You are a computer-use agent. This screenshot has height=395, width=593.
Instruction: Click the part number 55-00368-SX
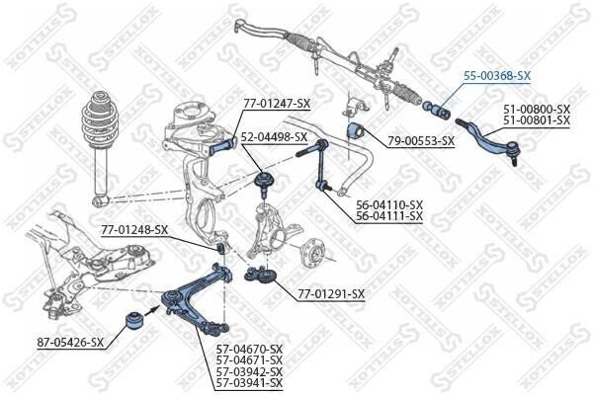[497, 76]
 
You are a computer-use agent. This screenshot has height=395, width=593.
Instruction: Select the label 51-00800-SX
[537, 110]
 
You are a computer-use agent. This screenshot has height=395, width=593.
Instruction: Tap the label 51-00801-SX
[537, 120]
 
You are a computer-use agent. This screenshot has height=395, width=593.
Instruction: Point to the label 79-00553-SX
[421, 141]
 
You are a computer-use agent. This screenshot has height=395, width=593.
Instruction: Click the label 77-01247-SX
[277, 103]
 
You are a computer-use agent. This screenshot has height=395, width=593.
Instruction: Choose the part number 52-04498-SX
[274, 137]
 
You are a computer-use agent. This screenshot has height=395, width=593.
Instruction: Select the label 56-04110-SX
[389, 204]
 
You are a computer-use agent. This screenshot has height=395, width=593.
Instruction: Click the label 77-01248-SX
[134, 229]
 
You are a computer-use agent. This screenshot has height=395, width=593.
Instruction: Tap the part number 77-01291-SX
[331, 293]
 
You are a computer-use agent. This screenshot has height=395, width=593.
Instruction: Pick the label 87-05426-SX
[70, 343]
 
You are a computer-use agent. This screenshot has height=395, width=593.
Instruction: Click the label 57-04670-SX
[249, 349]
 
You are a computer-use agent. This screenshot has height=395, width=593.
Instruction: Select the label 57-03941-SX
[249, 382]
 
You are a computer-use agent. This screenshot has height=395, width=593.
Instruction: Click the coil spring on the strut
[100, 118]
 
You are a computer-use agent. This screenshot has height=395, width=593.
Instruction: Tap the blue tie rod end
[488, 142]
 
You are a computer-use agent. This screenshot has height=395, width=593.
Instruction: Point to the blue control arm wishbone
[196, 300]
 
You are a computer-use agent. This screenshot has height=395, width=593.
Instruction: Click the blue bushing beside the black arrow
[133, 320]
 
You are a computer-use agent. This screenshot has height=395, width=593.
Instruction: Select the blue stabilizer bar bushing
[355, 131]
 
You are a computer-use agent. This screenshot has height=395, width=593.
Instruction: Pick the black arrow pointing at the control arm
[151, 310]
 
